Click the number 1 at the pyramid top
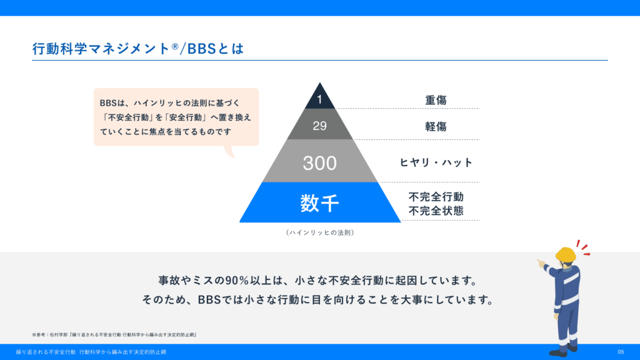pos(319,99)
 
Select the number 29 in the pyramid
pos(319,126)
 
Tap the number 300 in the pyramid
pos(319,163)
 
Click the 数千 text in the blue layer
pos(319,203)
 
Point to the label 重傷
pos(436,100)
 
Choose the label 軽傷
pos(436,126)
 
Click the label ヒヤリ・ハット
pos(436,162)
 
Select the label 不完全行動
pos(436,197)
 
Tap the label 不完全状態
pos(436,211)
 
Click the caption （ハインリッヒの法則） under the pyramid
pos(320,232)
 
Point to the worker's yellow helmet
pos(566,254)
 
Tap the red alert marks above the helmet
pos(584,247)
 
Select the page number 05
pos(621,352)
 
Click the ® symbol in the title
pos(175,46)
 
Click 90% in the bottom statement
pos(237,281)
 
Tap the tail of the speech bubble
pos(230,151)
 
